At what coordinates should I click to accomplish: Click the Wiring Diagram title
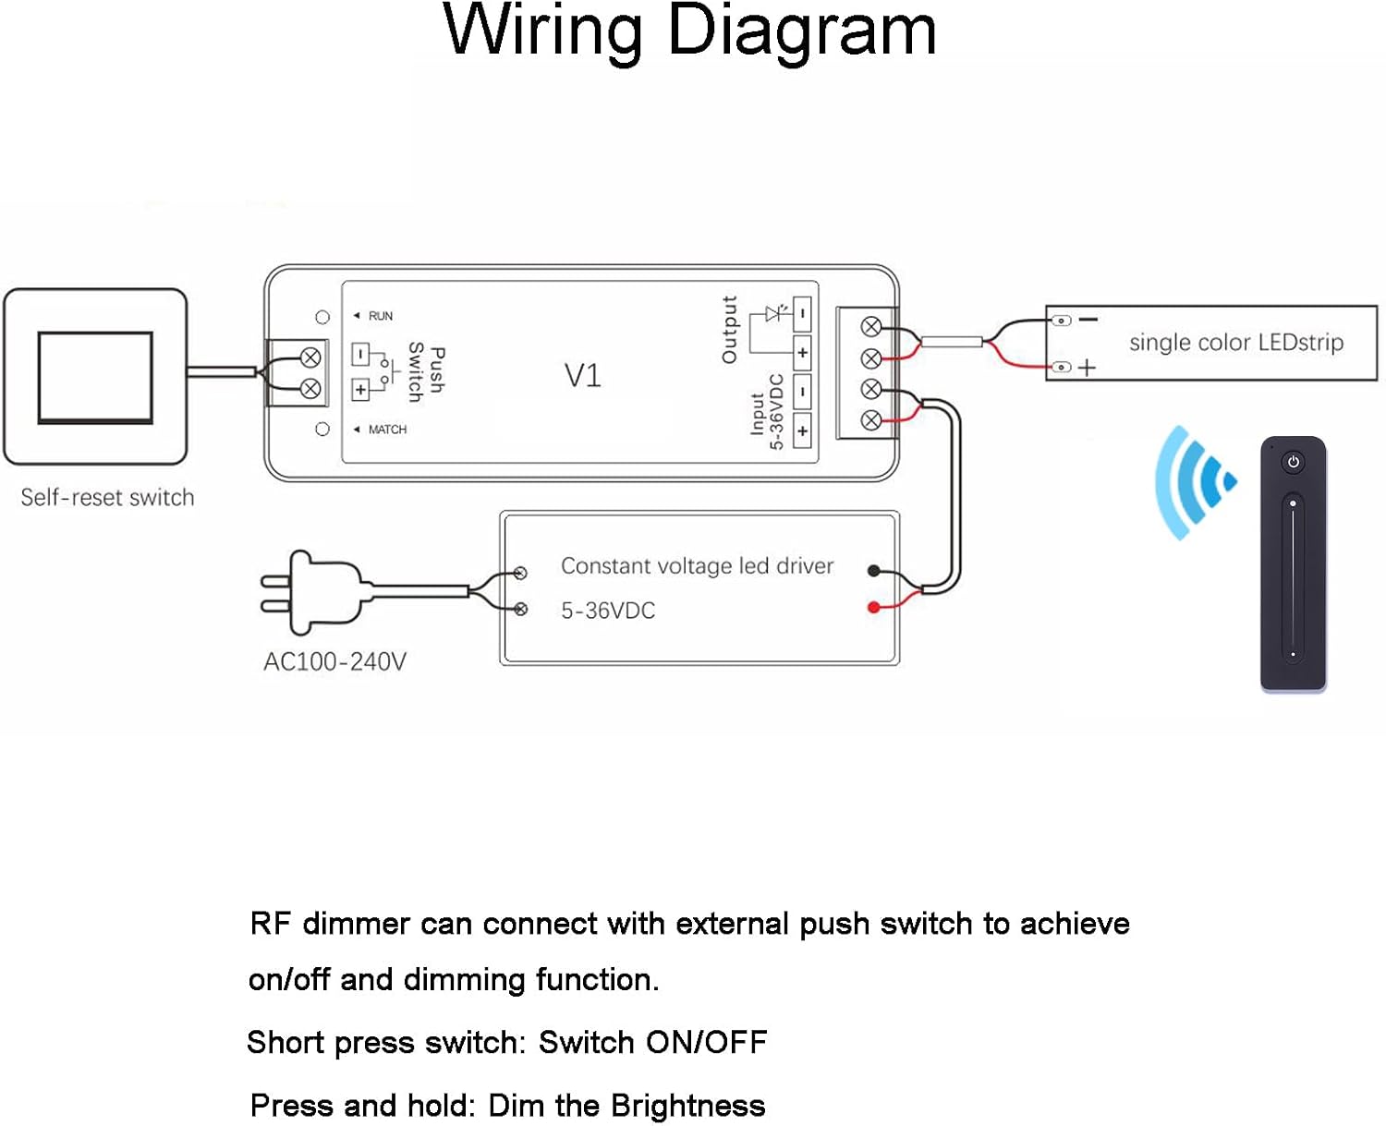click(x=690, y=31)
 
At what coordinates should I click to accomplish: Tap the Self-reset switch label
click(x=107, y=497)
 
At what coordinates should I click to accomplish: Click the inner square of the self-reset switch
click(x=95, y=377)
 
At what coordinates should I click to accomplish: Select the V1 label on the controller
click(x=582, y=376)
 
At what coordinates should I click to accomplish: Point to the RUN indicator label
click(x=380, y=316)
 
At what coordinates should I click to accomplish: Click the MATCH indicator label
click(x=386, y=430)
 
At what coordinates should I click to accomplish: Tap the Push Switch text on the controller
click(x=426, y=372)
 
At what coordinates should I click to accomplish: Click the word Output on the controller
click(x=729, y=330)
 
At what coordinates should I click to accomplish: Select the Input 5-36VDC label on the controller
click(x=766, y=412)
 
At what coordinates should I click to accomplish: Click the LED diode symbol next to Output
click(x=774, y=314)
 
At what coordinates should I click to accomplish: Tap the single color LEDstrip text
click(x=1235, y=343)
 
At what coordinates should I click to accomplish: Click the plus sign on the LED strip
click(x=1087, y=368)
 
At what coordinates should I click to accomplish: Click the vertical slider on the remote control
click(x=1293, y=579)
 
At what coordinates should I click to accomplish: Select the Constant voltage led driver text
click(x=697, y=565)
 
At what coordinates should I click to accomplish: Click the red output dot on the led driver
click(x=873, y=607)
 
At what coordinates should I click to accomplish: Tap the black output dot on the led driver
click(x=873, y=571)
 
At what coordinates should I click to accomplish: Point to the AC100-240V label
click(x=334, y=661)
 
